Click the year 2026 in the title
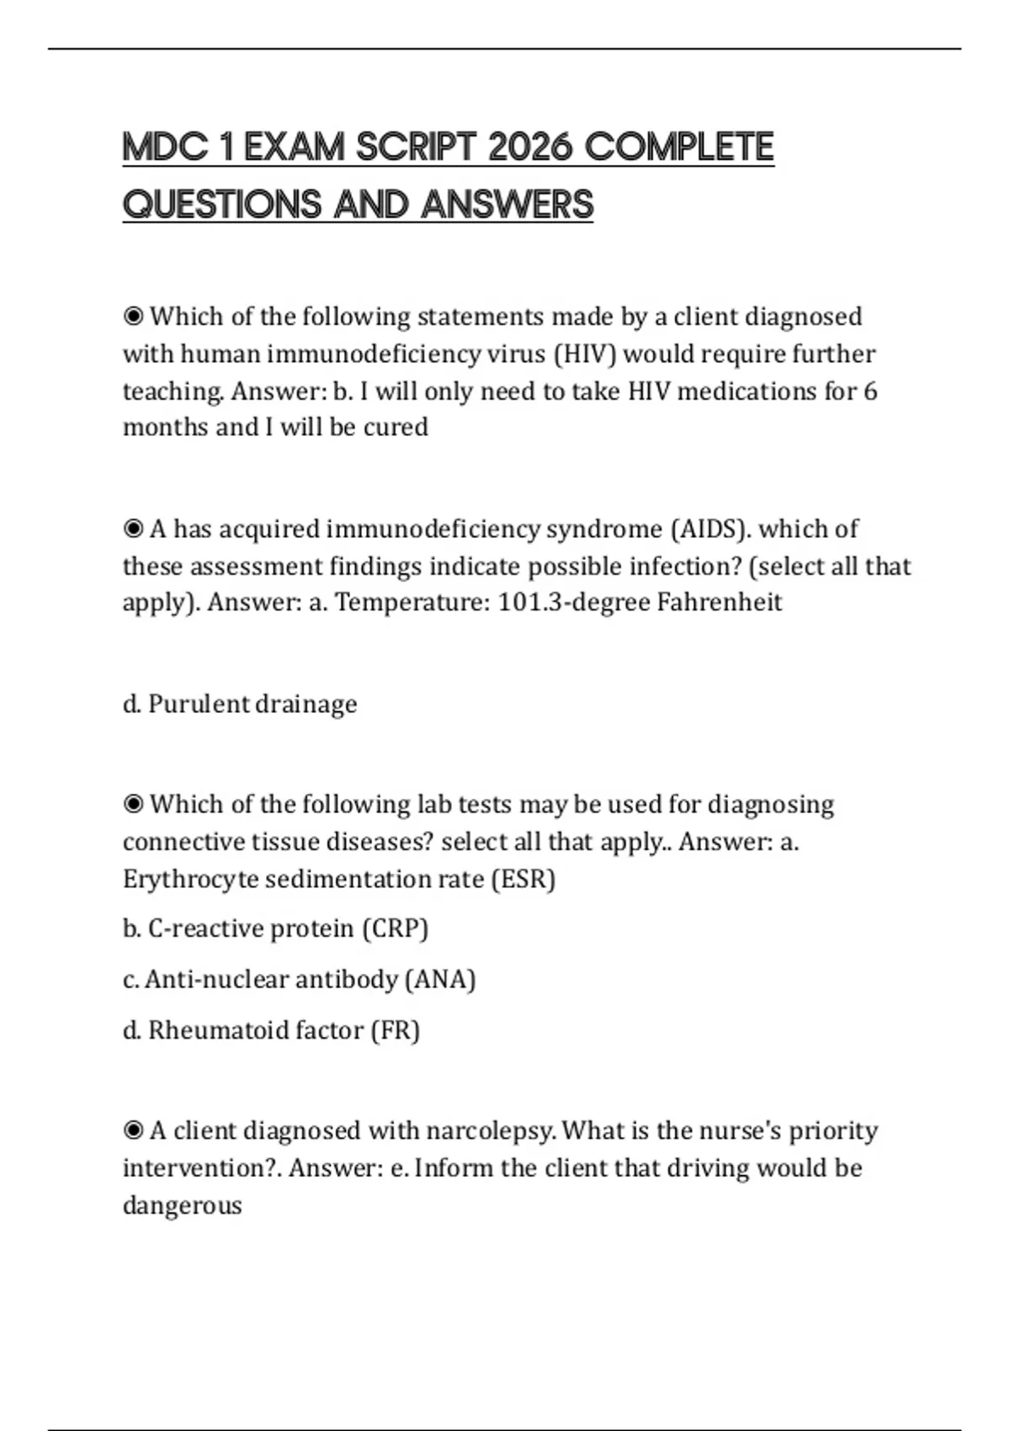point(529,147)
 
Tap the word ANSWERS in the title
point(508,205)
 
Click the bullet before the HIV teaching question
point(134,317)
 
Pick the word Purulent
point(199,703)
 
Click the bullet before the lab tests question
point(134,804)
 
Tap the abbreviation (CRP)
point(396,928)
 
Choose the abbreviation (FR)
point(396,1029)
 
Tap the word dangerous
point(183,1205)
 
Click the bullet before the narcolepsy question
point(134,1130)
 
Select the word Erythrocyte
point(190,879)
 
